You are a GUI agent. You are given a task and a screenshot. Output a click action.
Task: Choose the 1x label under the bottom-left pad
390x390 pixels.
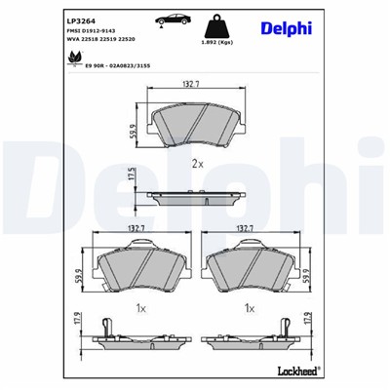click(138, 307)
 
